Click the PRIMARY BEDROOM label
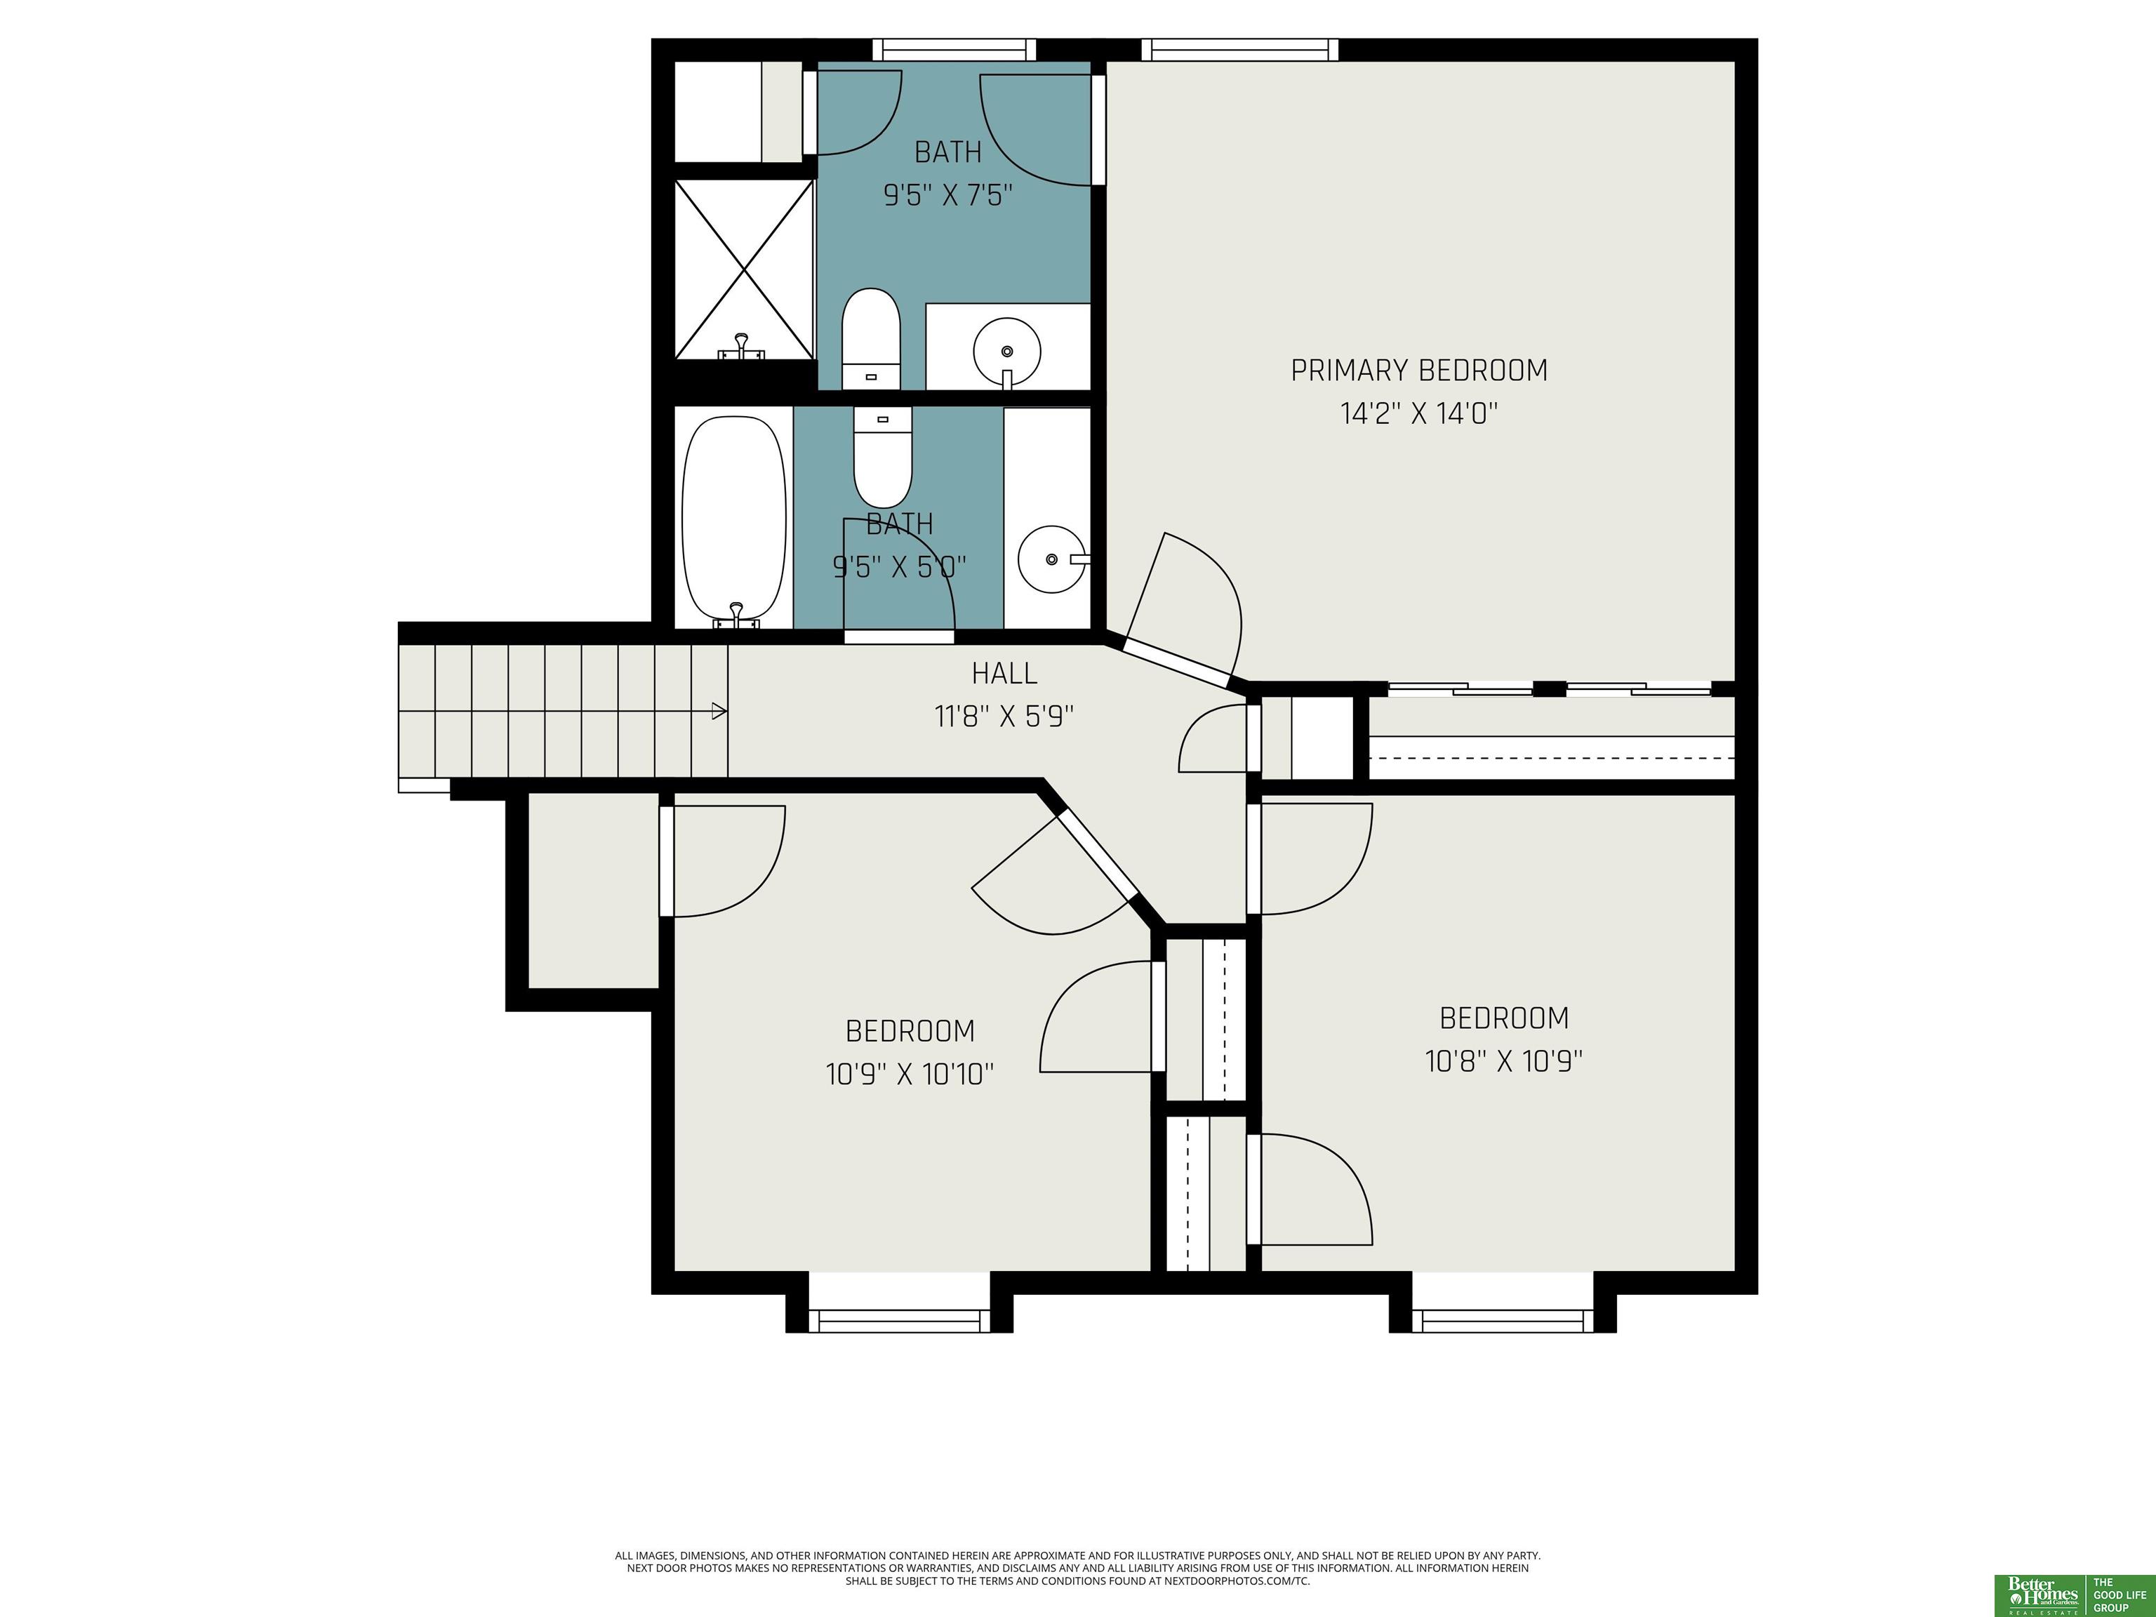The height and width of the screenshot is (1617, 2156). pyautogui.click(x=1419, y=371)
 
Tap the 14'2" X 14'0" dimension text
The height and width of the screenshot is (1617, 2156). pyautogui.click(x=1419, y=413)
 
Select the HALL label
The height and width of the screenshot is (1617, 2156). pyautogui.click(x=1004, y=674)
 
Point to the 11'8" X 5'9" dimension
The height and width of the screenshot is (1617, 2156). pyautogui.click(x=1004, y=717)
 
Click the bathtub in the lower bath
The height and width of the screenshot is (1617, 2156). pyautogui.click(x=734, y=521)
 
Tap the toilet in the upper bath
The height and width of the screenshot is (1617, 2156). pyautogui.click(x=870, y=338)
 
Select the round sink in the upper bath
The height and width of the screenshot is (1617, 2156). pyautogui.click(x=1007, y=351)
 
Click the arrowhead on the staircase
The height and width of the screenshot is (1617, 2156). pyautogui.click(x=719, y=712)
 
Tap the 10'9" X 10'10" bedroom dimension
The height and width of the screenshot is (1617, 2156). pyautogui.click(x=910, y=1074)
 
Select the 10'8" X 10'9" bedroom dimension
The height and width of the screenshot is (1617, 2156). pyautogui.click(x=1504, y=1060)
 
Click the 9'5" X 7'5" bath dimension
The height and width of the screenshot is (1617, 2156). pyautogui.click(x=948, y=195)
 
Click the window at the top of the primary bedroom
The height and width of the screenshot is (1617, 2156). pyautogui.click(x=1240, y=50)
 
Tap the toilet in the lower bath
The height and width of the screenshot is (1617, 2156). pyautogui.click(x=883, y=456)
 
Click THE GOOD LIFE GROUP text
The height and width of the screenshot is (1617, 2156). pyautogui.click(x=2120, y=1595)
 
